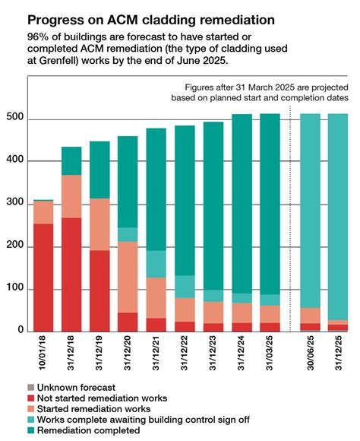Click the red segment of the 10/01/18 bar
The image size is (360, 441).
pyautogui.click(x=43, y=278)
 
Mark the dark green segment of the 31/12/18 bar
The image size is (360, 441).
pyautogui.click(x=71, y=160)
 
